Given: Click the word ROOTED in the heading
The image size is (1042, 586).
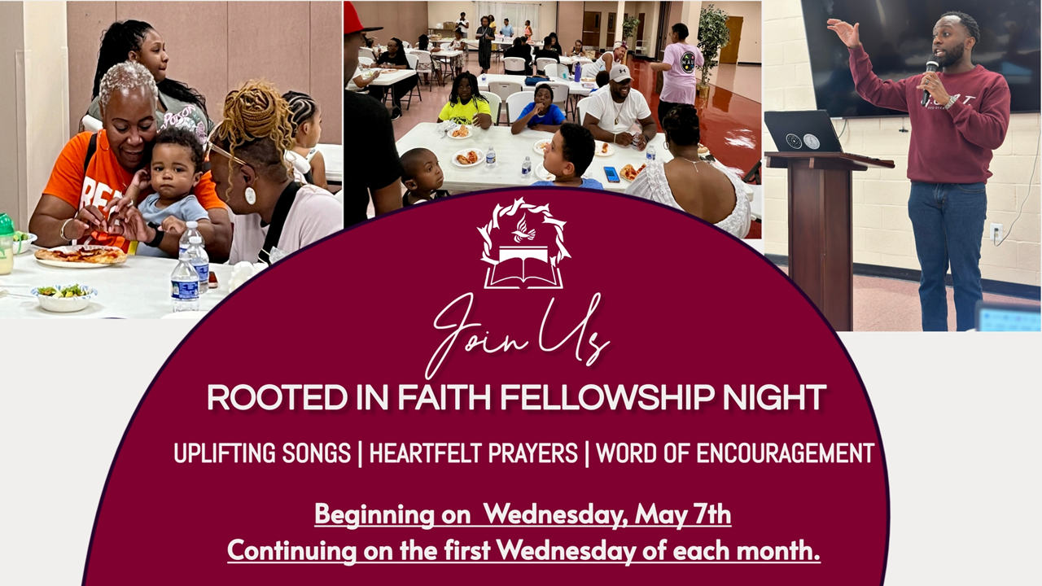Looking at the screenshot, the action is click(278, 398).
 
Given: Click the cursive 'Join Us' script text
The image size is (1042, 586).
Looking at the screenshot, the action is click(516, 335).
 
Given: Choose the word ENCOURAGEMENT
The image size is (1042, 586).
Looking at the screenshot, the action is click(785, 453).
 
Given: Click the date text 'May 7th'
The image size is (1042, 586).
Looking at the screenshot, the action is click(683, 515).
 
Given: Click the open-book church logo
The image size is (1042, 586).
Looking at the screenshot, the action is click(524, 243).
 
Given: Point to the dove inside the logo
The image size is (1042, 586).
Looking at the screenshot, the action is click(523, 229).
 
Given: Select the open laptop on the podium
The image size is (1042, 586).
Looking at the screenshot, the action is click(804, 133).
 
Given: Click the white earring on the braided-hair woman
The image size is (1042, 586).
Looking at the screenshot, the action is click(250, 195).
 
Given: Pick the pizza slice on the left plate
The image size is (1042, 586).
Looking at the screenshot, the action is click(80, 254).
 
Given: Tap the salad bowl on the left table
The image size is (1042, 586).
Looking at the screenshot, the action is click(63, 298).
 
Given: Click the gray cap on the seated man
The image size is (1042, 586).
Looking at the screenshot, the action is click(620, 73).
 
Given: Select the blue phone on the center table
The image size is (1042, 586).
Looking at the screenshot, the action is click(611, 174).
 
